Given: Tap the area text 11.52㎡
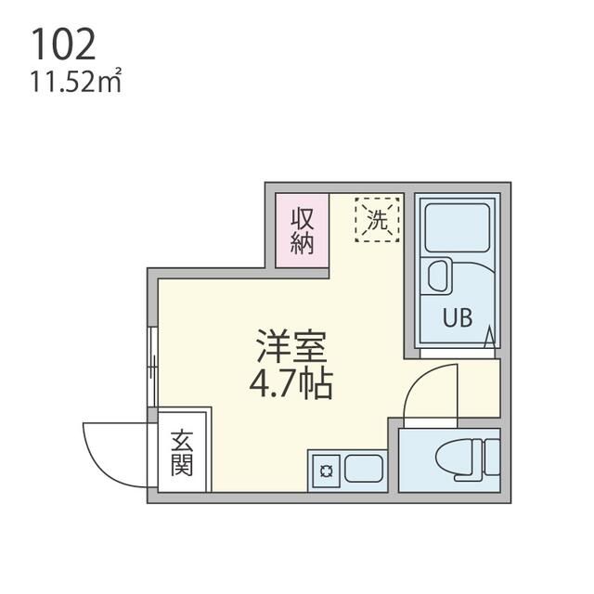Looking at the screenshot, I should click(76, 84).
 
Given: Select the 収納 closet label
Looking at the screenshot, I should click(303, 231).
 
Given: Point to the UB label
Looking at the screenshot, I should click(457, 318).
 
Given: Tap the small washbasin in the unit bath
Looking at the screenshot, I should click(437, 277).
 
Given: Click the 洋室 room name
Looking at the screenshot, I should click(291, 347).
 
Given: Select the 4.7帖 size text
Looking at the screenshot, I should click(291, 382).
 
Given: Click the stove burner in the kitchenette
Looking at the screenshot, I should click(326, 471).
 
